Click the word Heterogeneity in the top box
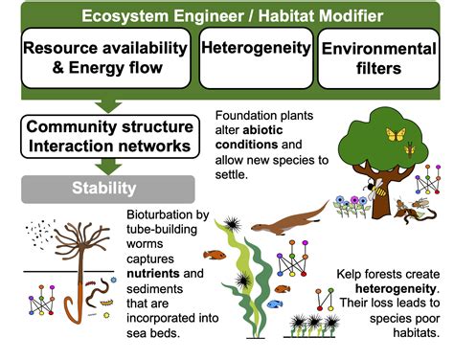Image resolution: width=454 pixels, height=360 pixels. pyautogui.click(x=256, y=47)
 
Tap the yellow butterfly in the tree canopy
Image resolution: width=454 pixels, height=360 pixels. pyautogui.click(x=395, y=134)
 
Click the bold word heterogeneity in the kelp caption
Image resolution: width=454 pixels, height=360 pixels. pyautogui.click(x=382, y=289)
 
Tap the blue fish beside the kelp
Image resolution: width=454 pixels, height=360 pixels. pyautogui.click(x=275, y=304)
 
